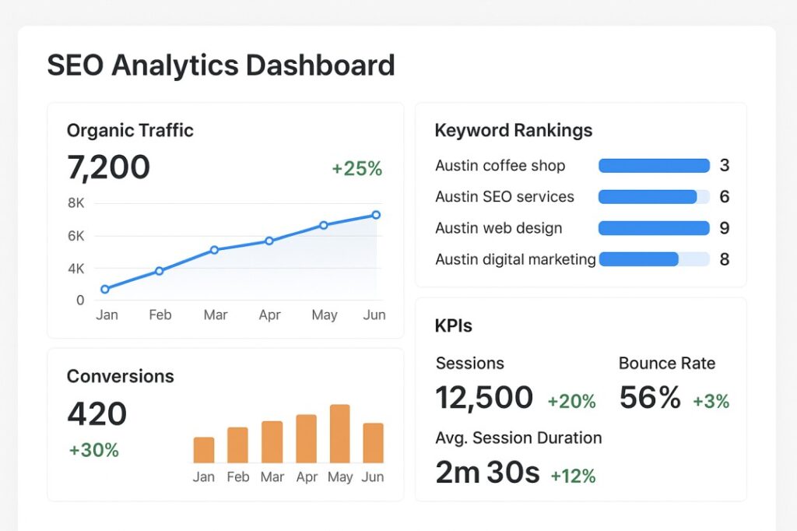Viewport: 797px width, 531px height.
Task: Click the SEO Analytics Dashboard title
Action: [x=221, y=65]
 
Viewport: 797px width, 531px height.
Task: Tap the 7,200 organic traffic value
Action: [x=108, y=167]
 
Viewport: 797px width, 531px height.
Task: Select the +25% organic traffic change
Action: [x=356, y=169]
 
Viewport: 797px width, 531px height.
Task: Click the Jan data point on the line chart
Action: [x=105, y=289]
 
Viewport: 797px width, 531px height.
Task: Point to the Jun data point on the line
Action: [x=376, y=215]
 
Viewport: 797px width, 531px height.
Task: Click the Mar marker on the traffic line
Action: [x=214, y=250]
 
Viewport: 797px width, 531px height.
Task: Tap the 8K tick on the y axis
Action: [x=76, y=203]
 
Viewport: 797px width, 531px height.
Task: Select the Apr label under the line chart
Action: [x=269, y=315]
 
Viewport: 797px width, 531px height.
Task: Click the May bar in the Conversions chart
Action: [x=340, y=434]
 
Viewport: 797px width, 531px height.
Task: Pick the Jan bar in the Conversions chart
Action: [x=204, y=450]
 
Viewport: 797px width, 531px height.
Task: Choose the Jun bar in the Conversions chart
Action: [x=374, y=443]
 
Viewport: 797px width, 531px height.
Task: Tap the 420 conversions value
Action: [x=97, y=414]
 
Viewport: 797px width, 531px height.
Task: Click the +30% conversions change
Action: [x=93, y=450]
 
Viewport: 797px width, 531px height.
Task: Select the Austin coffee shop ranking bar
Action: [x=654, y=166]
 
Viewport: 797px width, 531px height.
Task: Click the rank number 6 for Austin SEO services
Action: [x=724, y=197]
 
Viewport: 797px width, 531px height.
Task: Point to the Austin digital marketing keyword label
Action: [x=515, y=259]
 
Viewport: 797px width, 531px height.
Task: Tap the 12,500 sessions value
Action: [x=484, y=398]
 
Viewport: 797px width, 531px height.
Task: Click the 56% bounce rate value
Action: [x=650, y=398]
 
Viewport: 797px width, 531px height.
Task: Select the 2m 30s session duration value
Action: [x=487, y=473]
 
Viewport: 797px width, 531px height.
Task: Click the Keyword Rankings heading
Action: [x=513, y=131]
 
